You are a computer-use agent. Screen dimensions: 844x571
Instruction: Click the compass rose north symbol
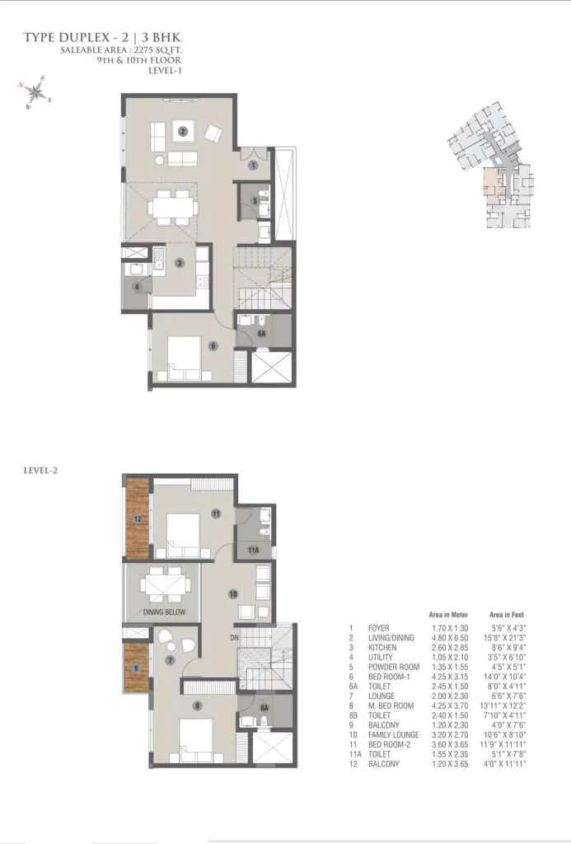coord(34,91)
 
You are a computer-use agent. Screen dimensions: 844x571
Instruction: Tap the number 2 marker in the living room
coord(184,130)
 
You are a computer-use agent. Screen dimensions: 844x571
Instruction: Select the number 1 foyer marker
coord(254,165)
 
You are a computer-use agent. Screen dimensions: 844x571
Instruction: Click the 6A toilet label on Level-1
coord(261,334)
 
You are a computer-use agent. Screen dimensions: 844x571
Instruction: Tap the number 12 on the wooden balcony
coord(138,519)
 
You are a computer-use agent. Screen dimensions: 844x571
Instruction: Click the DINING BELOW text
coord(163,612)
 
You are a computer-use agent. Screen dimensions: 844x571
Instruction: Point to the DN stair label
coord(233,637)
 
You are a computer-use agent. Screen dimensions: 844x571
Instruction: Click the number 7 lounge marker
coord(171,660)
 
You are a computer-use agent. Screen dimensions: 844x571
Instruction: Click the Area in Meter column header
coord(449,615)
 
